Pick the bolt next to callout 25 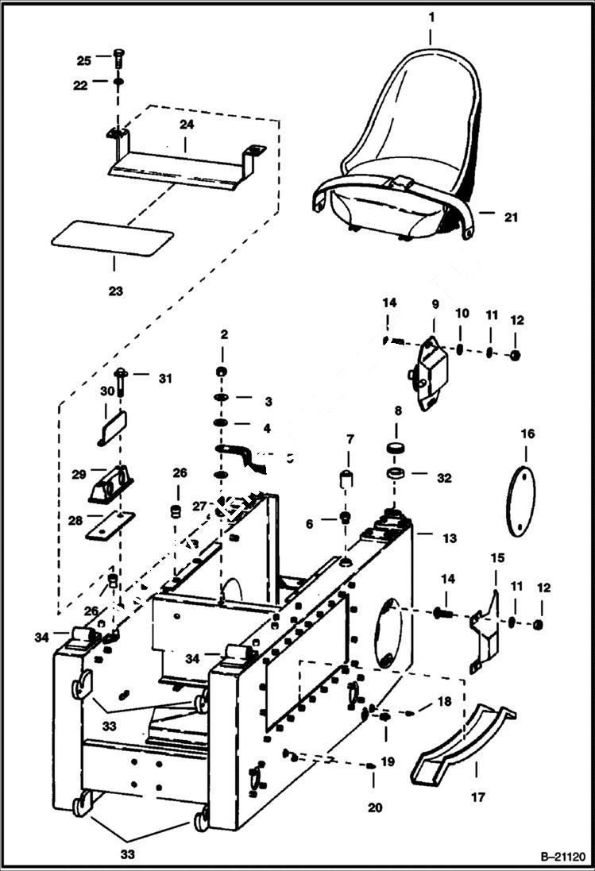(118, 60)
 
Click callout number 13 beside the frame (450, 538)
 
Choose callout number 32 (443, 478)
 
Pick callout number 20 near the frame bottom (375, 808)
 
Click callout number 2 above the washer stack (224, 335)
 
